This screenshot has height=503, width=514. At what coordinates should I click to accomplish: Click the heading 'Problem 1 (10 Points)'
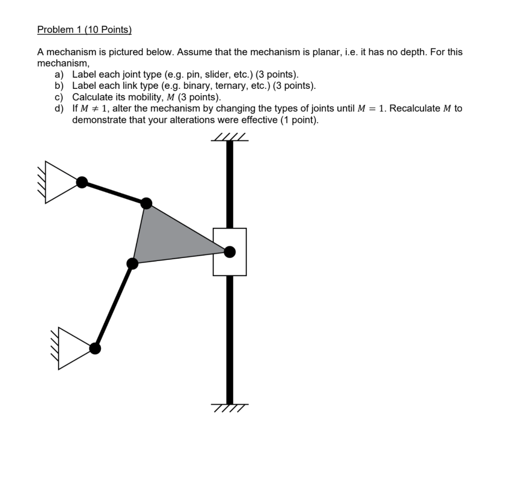pos(84,30)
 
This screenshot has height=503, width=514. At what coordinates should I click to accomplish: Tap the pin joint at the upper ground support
pos(82,182)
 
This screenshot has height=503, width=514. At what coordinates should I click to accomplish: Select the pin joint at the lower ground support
pos(95,348)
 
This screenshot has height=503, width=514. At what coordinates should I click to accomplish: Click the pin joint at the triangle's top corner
pos(146,203)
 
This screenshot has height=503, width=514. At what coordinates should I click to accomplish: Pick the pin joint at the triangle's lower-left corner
pos(133,263)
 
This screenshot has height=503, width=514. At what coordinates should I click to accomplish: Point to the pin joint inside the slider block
pos(229,252)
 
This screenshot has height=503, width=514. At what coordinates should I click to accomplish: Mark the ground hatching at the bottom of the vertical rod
pos(229,408)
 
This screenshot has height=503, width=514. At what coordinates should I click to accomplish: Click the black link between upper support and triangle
pos(114,192)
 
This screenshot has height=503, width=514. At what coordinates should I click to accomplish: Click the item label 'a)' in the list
pos(59,75)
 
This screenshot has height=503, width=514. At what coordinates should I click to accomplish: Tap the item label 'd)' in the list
pos(59,108)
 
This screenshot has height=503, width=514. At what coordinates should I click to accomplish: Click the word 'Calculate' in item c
pos(92,97)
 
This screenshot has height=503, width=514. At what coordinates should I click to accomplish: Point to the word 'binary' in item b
pos(188,86)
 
